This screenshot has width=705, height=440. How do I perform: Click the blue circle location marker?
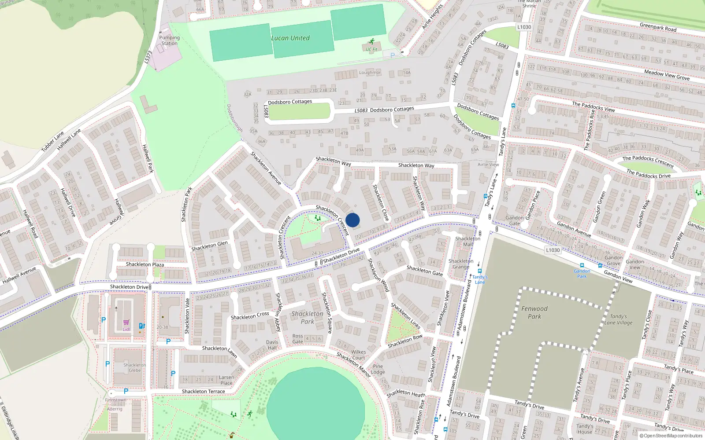(x=352, y=220)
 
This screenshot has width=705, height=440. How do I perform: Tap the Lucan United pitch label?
(x=290, y=38)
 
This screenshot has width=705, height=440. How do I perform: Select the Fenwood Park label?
(x=534, y=312)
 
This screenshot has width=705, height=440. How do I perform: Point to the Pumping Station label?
(x=169, y=40)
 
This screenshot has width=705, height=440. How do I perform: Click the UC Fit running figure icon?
(x=371, y=41)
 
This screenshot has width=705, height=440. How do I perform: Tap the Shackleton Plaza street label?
(x=145, y=264)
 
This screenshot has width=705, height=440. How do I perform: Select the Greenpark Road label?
(x=658, y=27)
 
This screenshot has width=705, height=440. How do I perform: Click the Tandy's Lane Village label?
(x=618, y=319)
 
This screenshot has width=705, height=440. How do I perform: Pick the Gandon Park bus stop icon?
(x=582, y=266)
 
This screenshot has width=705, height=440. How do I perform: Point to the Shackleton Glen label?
(x=209, y=246)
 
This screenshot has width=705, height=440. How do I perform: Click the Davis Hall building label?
(x=272, y=345)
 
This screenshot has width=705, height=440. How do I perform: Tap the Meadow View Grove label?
(x=667, y=75)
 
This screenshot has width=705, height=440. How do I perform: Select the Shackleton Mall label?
(x=468, y=241)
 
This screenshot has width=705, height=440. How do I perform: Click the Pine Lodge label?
(x=378, y=369)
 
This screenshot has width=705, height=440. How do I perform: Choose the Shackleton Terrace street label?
(x=203, y=391)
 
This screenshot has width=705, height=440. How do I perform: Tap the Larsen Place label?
(x=226, y=380)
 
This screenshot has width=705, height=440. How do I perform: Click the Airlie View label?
(x=488, y=165)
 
